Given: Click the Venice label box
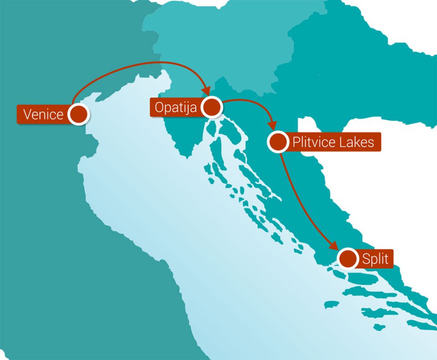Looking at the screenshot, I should [x=43, y=114].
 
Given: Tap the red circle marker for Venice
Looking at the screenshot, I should [x=78, y=113].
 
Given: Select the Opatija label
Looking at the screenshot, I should [x=176, y=108].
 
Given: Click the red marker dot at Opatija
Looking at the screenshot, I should [x=212, y=108].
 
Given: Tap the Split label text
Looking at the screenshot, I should [x=375, y=259].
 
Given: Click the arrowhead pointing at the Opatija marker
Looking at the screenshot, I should [x=205, y=91].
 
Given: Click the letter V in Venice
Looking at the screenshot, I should [x=27, y=114].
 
